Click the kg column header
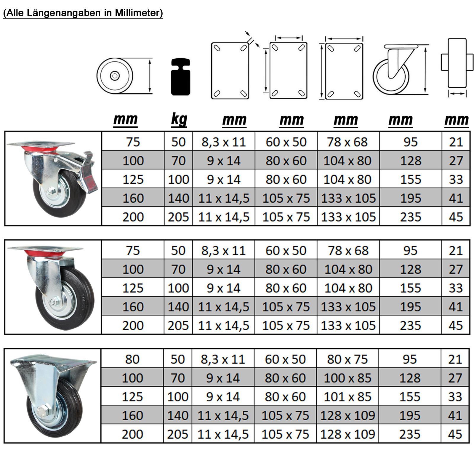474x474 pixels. click(x=179, y=120)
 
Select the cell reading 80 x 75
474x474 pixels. click(x=347, y=359)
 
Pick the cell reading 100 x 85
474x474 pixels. click(x=347, y=378)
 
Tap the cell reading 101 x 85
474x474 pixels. click(x=347, y=397)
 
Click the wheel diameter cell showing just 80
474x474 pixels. click(x=132, y=359)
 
